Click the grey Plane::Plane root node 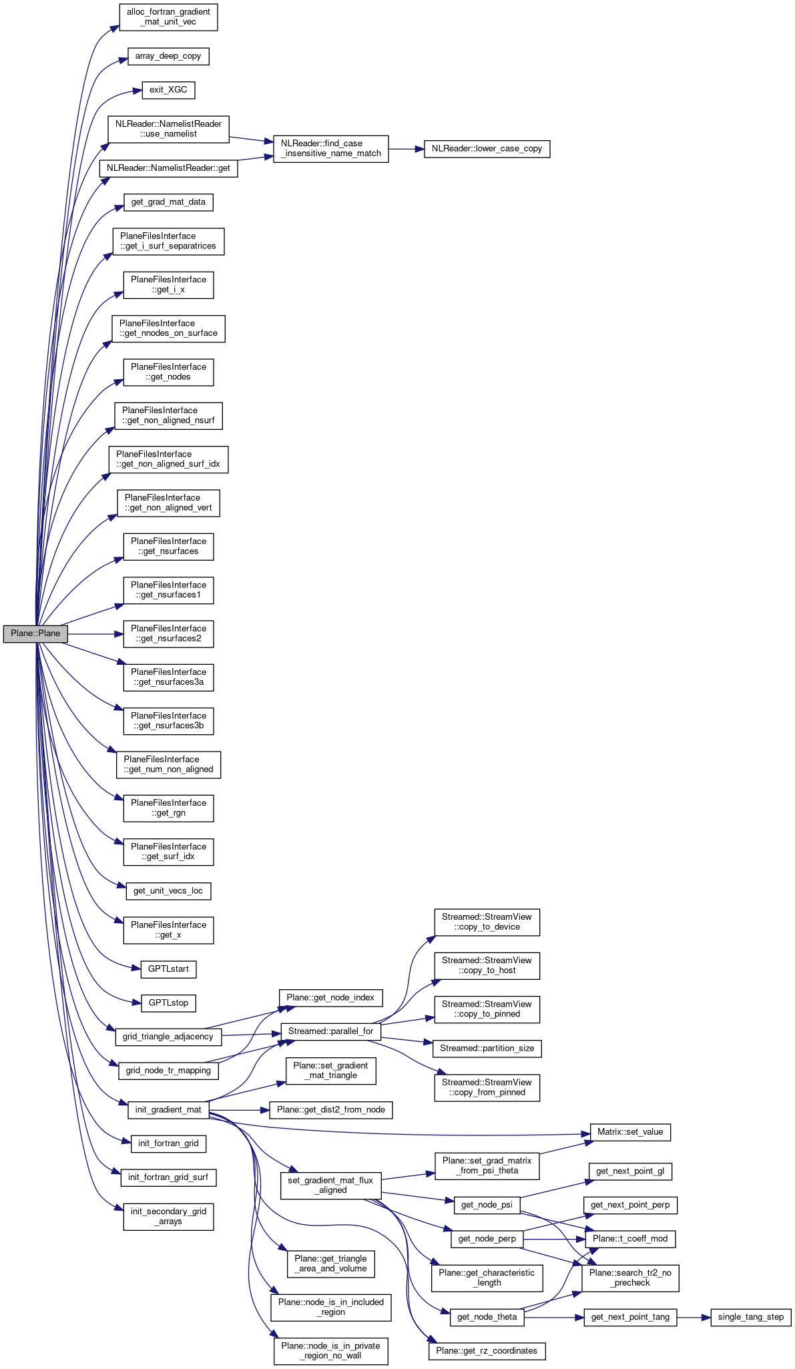[35, 633]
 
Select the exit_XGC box [168, 89]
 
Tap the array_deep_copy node [168, 56]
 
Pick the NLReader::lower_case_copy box [487, 148]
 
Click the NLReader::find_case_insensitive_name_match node [331, 148]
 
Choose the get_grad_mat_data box [168, 202]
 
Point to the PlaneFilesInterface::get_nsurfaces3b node [168, 721]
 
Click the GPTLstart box [168, 969]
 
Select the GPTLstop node [168, 1003]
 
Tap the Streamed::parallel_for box [331, 1031]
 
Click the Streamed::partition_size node [487, 1048]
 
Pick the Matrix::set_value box [630, 1132]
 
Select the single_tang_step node [751, 1317]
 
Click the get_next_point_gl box [630, 1171]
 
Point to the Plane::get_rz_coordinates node [487, 1350]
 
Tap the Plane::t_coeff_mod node [630, 1238]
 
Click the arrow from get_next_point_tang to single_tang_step [694, 1317]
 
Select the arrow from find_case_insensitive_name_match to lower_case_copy [406, 148]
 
